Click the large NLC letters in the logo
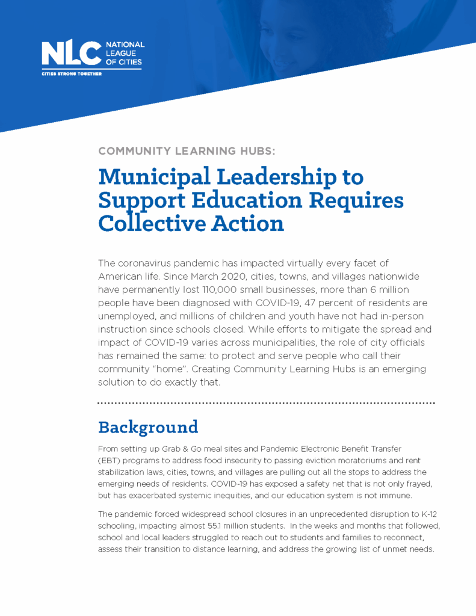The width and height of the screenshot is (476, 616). click(71, 54)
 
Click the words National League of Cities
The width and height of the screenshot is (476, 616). click(125, 53)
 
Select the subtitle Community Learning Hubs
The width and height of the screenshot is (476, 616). click(187, 152)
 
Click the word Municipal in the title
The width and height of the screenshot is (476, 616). click(154, 177)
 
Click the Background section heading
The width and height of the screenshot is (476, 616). click(148, 427)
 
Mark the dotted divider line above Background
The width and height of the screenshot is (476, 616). click(265, 402)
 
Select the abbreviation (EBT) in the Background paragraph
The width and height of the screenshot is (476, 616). click(109, 461)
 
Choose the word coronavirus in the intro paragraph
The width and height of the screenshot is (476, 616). click(146, 263)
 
